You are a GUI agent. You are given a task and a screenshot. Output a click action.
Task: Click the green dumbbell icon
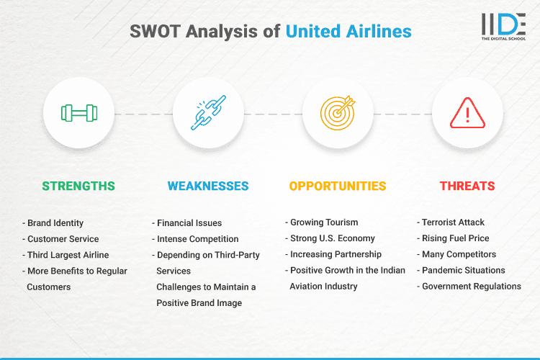pos(78,113)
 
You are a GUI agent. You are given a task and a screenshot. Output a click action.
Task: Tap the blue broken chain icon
pos(208,113)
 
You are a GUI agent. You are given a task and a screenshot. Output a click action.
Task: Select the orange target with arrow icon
pos(338,113)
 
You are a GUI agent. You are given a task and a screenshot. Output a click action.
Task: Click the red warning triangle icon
pos(467,113)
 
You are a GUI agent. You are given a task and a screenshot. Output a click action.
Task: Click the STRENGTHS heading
pos(78,186)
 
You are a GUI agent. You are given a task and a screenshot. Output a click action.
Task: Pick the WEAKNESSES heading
pos(208,186)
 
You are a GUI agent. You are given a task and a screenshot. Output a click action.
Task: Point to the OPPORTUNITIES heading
pos(338,186)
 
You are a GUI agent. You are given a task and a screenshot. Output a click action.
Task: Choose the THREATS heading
pos(467,186)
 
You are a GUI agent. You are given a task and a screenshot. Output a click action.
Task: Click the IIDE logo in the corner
pos(503,26)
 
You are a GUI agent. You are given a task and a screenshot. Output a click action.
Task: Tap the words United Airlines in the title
pos(348,31)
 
